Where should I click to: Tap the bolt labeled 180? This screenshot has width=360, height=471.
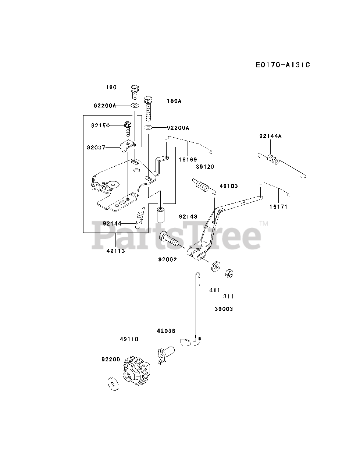point(135,92)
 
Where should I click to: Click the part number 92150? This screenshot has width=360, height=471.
point(100,125)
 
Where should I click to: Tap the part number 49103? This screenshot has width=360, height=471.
point(229,186)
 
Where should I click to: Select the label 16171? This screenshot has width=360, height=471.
point(278,207)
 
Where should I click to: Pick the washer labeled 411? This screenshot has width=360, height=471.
point(215,266)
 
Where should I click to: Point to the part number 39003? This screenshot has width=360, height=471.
point(224,309)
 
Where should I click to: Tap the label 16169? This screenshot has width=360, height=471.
point(188,159)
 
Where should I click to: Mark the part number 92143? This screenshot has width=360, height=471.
point(188,216)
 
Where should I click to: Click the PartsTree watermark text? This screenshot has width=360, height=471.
point(177,235)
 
